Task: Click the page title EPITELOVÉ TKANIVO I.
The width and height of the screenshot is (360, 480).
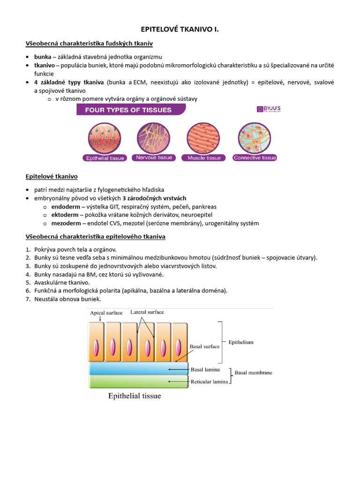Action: (180, 30)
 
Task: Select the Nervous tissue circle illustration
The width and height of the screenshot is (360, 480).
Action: (153, 138)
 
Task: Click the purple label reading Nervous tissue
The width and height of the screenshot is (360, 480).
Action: (153, 158)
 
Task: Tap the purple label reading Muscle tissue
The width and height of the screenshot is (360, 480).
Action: (204, 158)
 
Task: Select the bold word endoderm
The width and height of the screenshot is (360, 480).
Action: (65, 207)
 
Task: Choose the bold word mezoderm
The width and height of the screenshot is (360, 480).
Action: (66, 224)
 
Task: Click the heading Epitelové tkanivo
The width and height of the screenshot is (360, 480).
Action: (51, 177)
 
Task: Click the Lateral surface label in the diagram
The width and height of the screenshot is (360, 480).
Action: (147, 312)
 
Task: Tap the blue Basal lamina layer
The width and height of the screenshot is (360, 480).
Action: (138, 368)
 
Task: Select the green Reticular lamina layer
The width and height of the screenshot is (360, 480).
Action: (138, 381)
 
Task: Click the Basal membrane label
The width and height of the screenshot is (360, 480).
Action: (253, 373)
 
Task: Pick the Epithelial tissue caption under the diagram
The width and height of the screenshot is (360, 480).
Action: (135, 396)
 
